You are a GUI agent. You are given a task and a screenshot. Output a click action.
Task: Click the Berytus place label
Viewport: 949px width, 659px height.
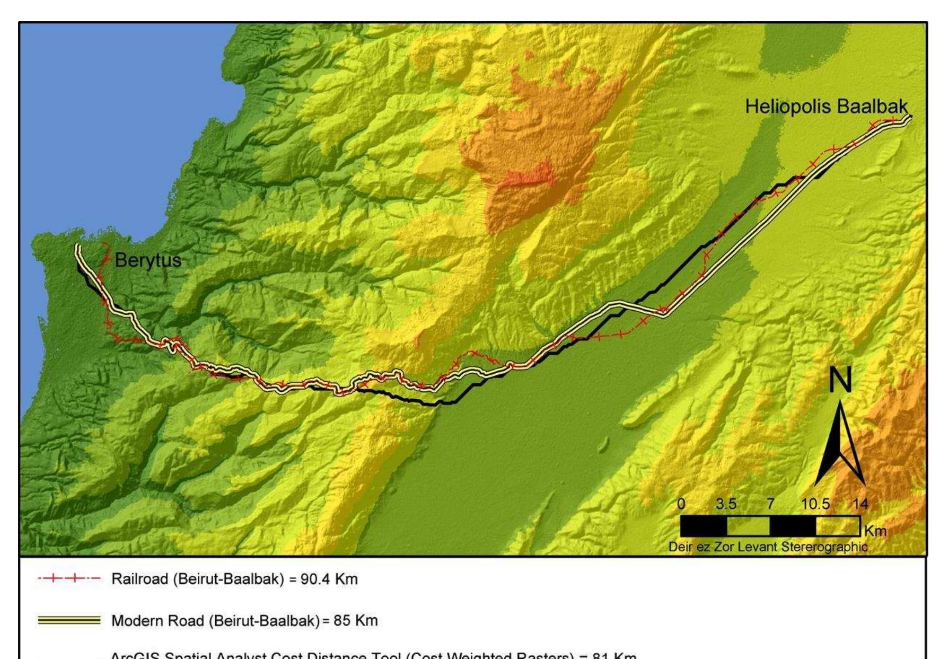(148, 260)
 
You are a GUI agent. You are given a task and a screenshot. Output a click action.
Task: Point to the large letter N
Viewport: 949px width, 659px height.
(840, 380)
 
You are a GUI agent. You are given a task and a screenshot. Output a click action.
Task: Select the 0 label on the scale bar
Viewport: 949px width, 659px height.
(681, 504)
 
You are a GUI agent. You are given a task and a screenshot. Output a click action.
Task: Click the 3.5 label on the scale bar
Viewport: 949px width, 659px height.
(726, 504)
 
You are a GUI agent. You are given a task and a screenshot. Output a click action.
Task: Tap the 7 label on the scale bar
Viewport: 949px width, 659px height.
(770, 504)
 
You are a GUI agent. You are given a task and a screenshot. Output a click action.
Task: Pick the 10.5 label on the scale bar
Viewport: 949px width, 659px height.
(815, 504)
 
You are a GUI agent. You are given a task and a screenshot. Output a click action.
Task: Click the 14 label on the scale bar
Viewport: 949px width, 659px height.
(860, 504)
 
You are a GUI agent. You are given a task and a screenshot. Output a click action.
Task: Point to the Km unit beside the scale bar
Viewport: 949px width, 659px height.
(875, 531)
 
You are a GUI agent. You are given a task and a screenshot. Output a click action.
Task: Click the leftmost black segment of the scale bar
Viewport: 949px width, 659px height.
(703, 526)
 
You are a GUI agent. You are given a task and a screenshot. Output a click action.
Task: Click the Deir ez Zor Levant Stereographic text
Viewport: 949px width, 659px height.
(768, 547)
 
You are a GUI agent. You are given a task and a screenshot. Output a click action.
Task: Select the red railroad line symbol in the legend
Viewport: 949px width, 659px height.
(69, 579)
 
